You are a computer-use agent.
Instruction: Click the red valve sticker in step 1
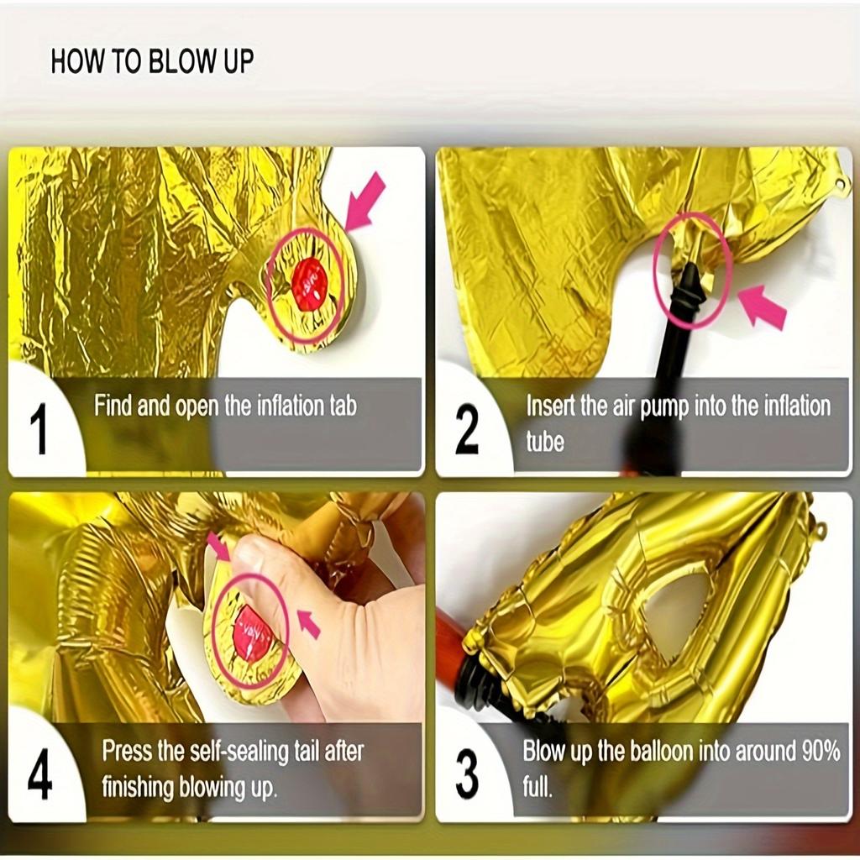click(309, 284)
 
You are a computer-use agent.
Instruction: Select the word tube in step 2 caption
click(545, 441)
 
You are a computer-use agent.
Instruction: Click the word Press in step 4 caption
click(127, 750)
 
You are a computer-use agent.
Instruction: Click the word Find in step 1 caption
click(113, 406)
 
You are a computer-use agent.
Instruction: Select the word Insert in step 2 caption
click(552, 406)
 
